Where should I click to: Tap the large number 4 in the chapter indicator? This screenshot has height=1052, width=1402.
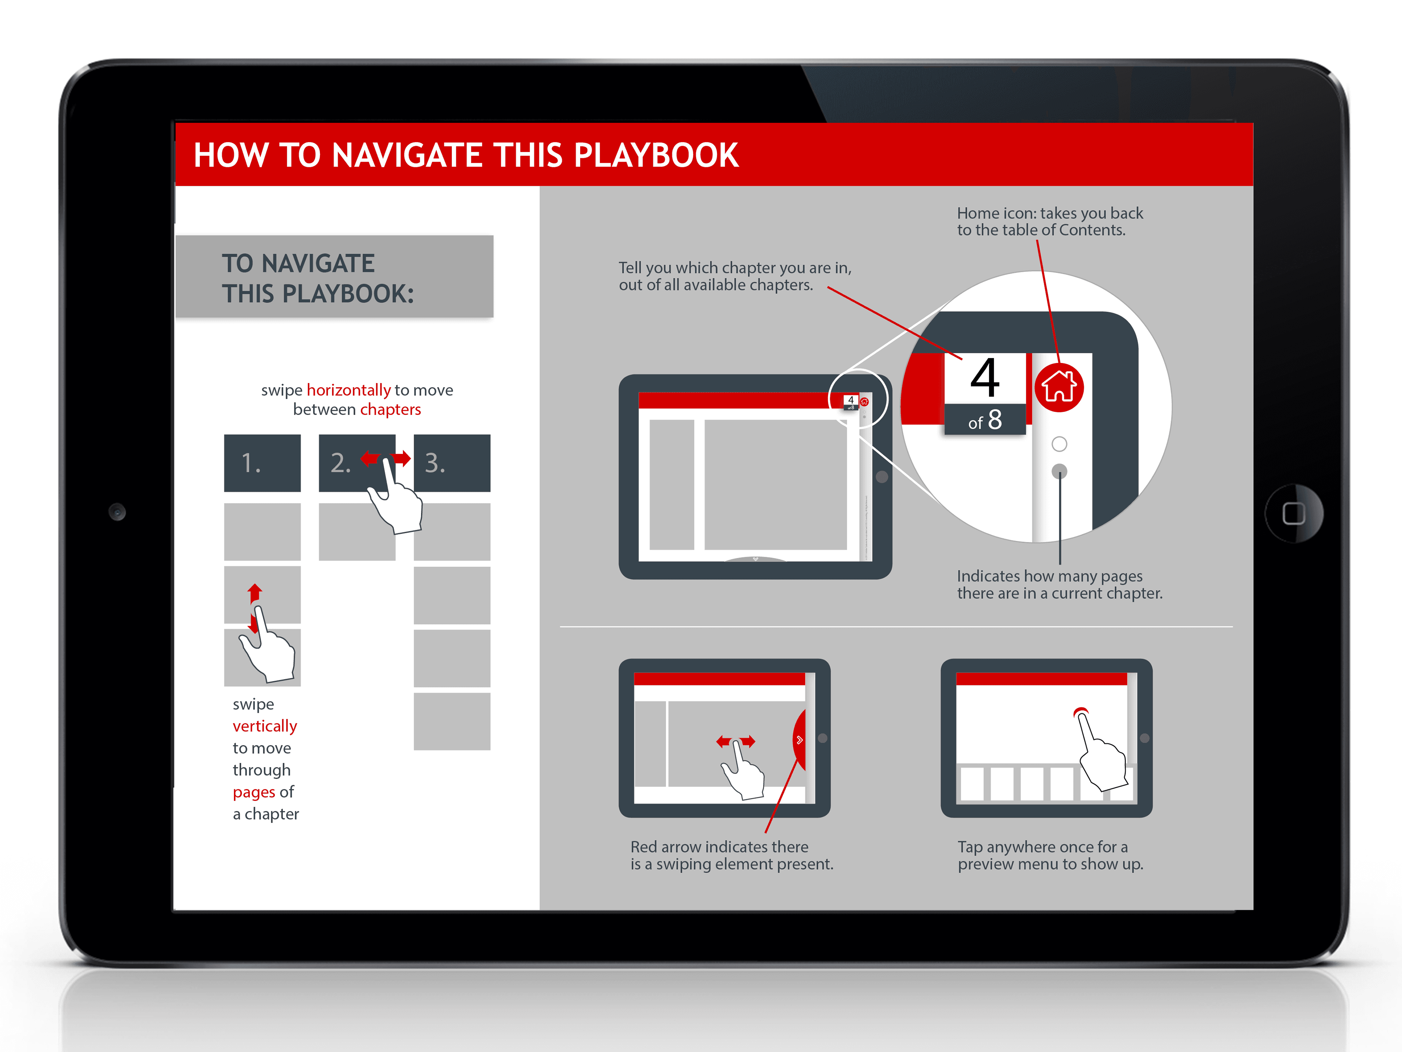click(x=985, y=378)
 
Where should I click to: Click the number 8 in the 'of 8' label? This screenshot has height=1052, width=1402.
click(x=995, y=419)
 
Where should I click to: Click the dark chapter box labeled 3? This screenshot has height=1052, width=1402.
click(x=452, y=463)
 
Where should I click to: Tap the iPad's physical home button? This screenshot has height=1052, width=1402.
click(x=1294, y=513)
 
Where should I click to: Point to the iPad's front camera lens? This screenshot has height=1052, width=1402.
click(x=117, y=511)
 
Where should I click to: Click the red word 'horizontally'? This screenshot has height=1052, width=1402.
click(x=349, y=390)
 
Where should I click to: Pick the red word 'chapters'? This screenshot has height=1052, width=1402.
click(x=390, y=409)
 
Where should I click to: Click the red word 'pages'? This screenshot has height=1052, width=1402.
click(x=254, y=792)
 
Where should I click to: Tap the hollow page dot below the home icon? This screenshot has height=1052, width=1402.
click(x=1059, y=444)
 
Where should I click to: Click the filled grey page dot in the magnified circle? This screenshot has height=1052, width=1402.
click(x=1059, y=471)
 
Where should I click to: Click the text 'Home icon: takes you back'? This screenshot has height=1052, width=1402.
click(x=1050, y=213)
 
